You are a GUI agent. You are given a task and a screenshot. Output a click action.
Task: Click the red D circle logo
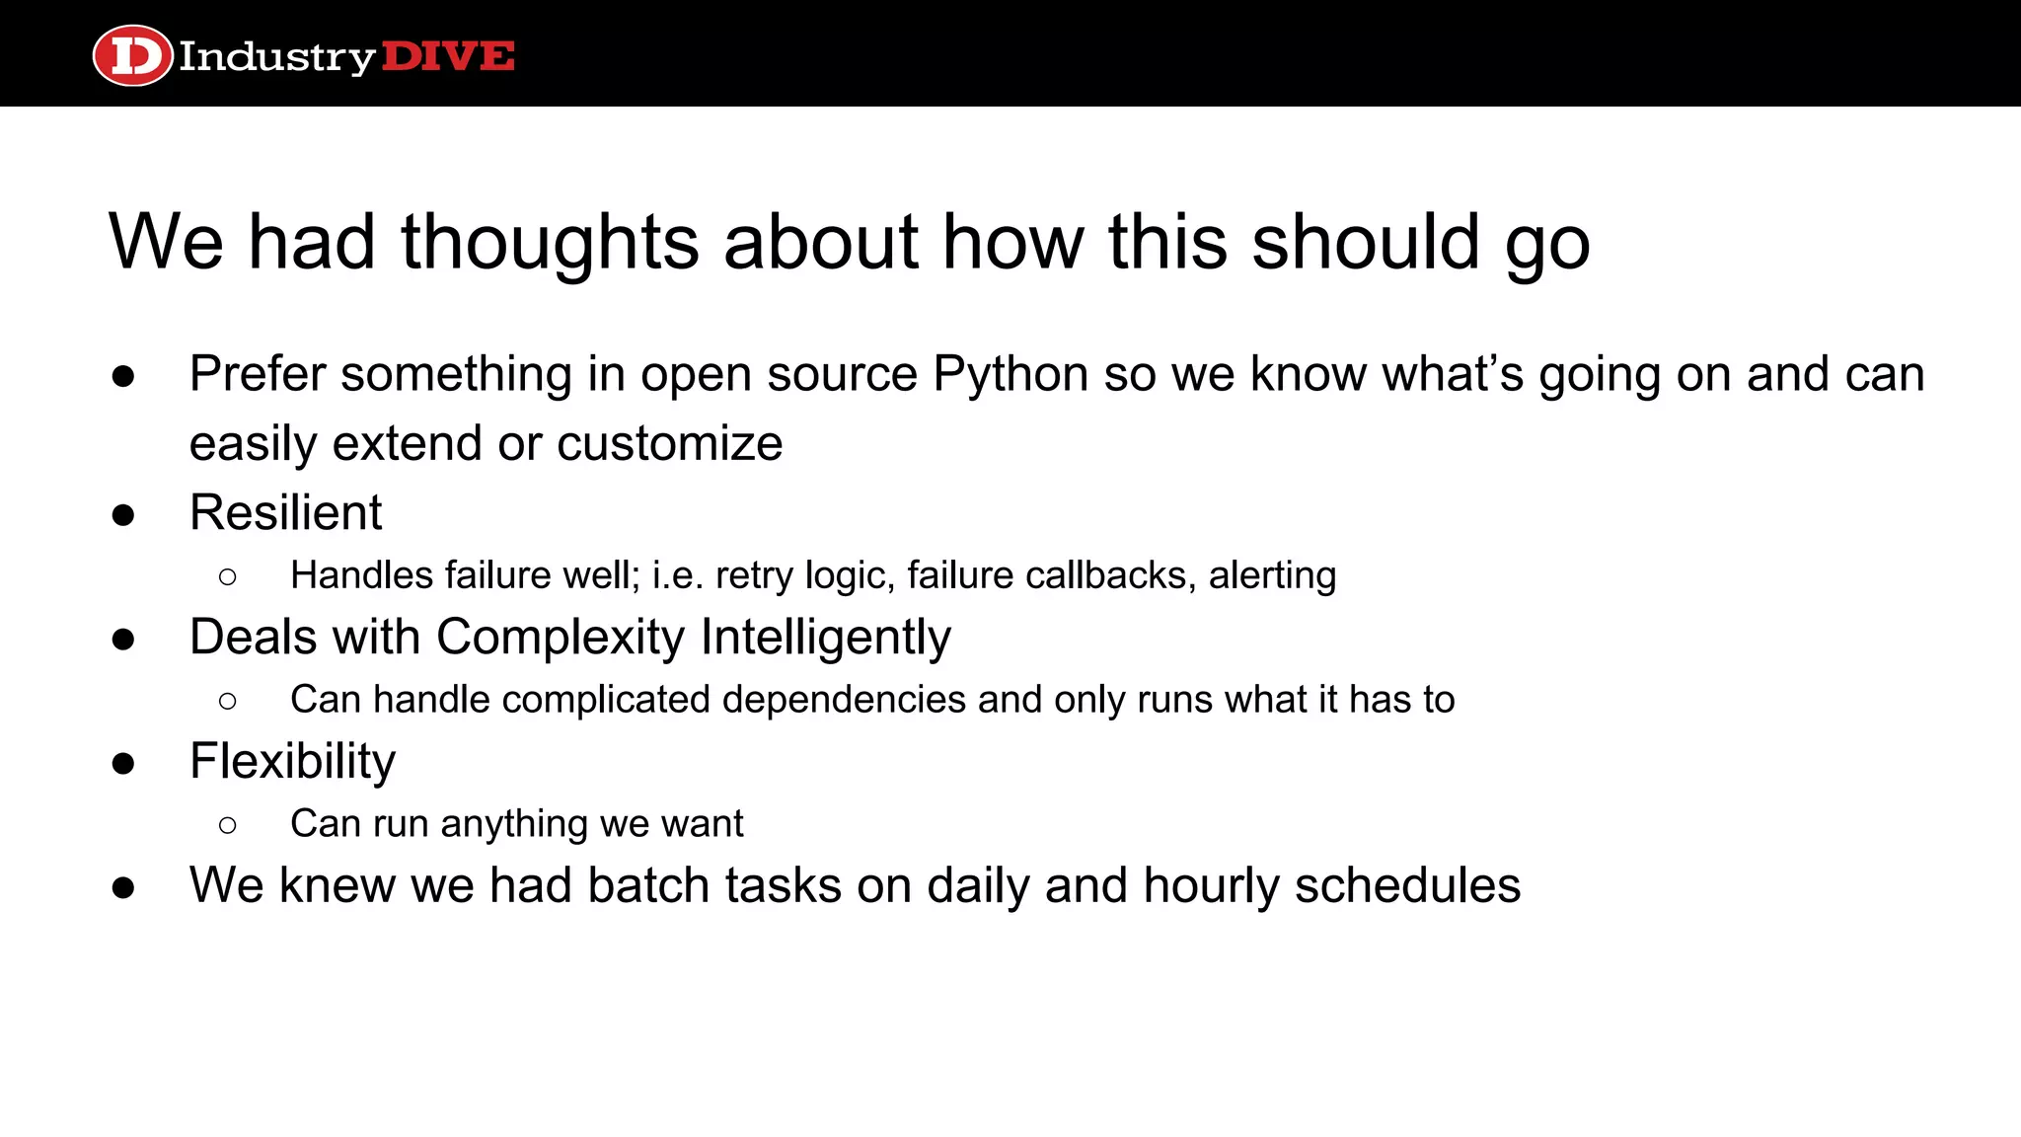tap(132, 55)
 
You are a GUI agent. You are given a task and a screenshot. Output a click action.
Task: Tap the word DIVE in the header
tap(448, 56)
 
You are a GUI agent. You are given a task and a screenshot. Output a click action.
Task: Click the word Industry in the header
tap(276, 57)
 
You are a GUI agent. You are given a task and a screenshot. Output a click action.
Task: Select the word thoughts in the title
tap(550, 242)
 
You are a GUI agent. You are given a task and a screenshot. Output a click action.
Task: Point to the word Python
tap(1010, 375)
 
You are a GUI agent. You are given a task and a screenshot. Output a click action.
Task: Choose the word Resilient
tap(285, 512)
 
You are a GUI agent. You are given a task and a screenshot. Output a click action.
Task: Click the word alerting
tap(1272, 575)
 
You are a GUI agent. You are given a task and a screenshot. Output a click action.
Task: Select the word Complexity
tap(560, 637)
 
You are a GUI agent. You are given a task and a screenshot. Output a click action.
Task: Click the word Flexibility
tap(292, 762)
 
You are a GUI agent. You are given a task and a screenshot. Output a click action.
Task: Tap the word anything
tap(514, 824)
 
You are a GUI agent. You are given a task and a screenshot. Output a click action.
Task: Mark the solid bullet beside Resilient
tap(123, 514)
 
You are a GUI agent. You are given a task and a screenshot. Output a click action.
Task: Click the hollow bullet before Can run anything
tap(228, 824)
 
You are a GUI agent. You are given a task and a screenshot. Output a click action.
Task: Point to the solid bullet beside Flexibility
tap(123, 763)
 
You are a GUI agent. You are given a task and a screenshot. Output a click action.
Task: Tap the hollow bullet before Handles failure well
tap(228, 576)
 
